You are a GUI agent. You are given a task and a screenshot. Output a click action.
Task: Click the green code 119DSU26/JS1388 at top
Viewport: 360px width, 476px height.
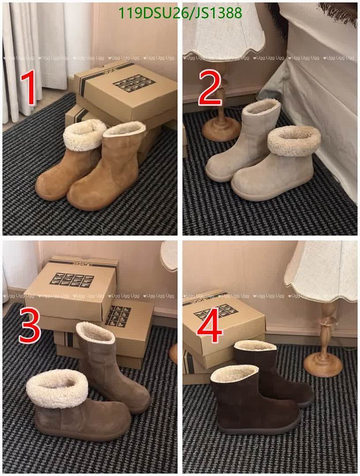tap(180, 13)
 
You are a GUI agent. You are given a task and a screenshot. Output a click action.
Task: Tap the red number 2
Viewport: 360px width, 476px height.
tap(210, 88)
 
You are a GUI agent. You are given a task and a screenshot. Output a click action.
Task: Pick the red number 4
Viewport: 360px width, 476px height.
tap(210, 327)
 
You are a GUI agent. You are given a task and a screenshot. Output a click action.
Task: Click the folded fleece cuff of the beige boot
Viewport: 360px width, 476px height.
tap(294, 141)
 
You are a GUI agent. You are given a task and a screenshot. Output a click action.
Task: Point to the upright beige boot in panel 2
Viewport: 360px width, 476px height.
tap(247, 137)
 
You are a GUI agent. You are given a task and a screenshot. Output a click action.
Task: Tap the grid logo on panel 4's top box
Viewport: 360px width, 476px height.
tap(216, 312)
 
